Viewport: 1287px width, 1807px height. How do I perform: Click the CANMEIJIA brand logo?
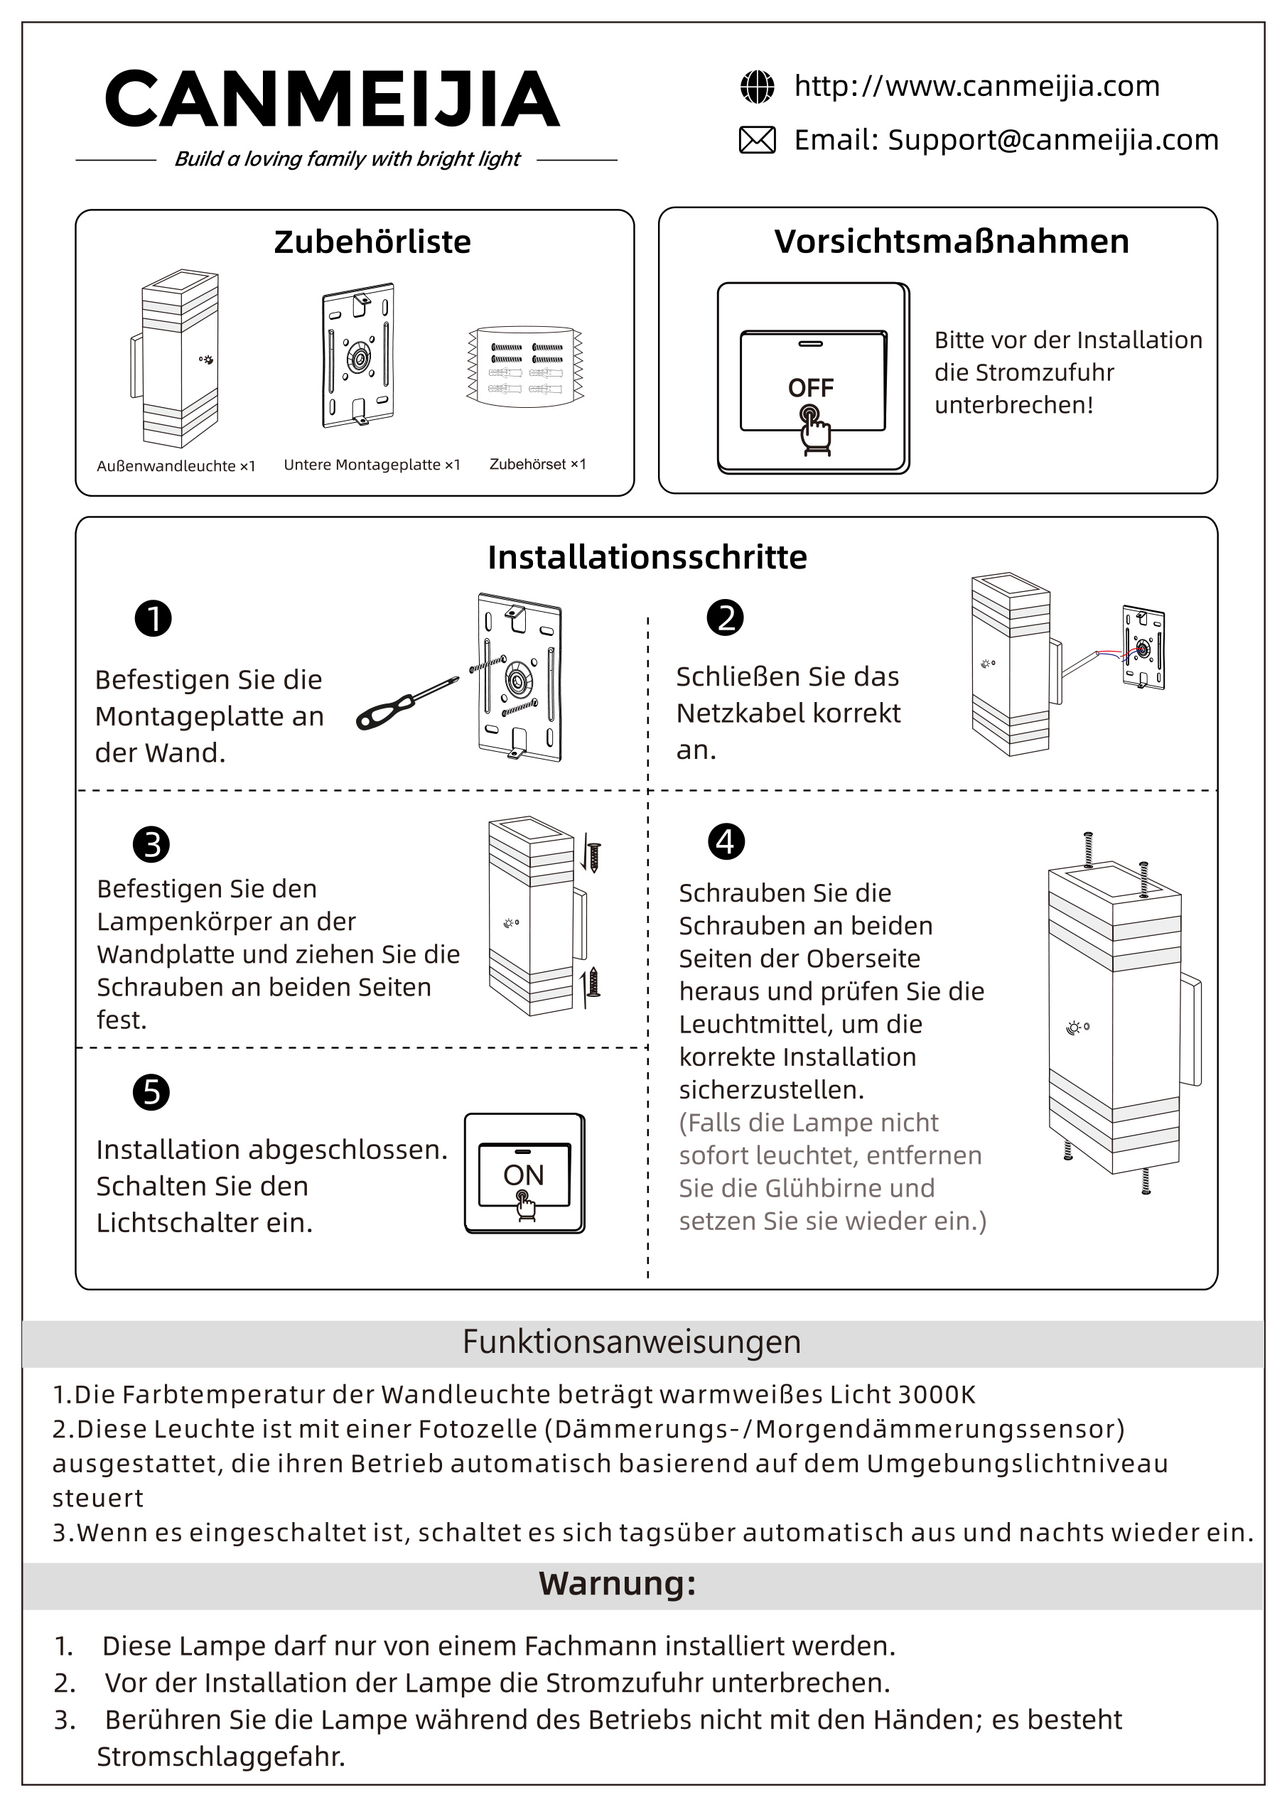tap(332, 99)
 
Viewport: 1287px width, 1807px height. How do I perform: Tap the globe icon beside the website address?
tap(757, 87)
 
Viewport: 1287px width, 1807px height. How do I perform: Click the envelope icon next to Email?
tap(757, 140)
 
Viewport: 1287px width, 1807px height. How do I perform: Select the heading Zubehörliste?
tap(372, 242)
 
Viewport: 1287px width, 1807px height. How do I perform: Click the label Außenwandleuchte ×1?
tap(176, 466)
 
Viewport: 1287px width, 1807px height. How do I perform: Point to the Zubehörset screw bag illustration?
tap(525, 366)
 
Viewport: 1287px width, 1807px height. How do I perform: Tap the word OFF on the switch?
tap(811, 387)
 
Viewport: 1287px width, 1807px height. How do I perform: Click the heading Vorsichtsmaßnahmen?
tap(951, 242)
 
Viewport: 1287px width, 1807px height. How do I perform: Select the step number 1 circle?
tap(153, 619)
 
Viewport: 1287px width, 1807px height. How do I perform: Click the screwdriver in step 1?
tap(406, 703)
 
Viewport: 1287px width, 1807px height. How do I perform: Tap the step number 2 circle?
tap(725, 618)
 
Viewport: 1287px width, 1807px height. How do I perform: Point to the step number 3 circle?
tap(151, 844)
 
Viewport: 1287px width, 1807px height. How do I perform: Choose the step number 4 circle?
tap(726, 841)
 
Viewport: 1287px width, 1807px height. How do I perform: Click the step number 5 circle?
tap(151, 1092)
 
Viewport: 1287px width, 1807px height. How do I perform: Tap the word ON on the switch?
tap(523, 1175)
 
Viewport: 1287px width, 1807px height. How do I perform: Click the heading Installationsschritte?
tap(647, 558)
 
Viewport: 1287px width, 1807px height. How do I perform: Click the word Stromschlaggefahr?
tap(221, 1757)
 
